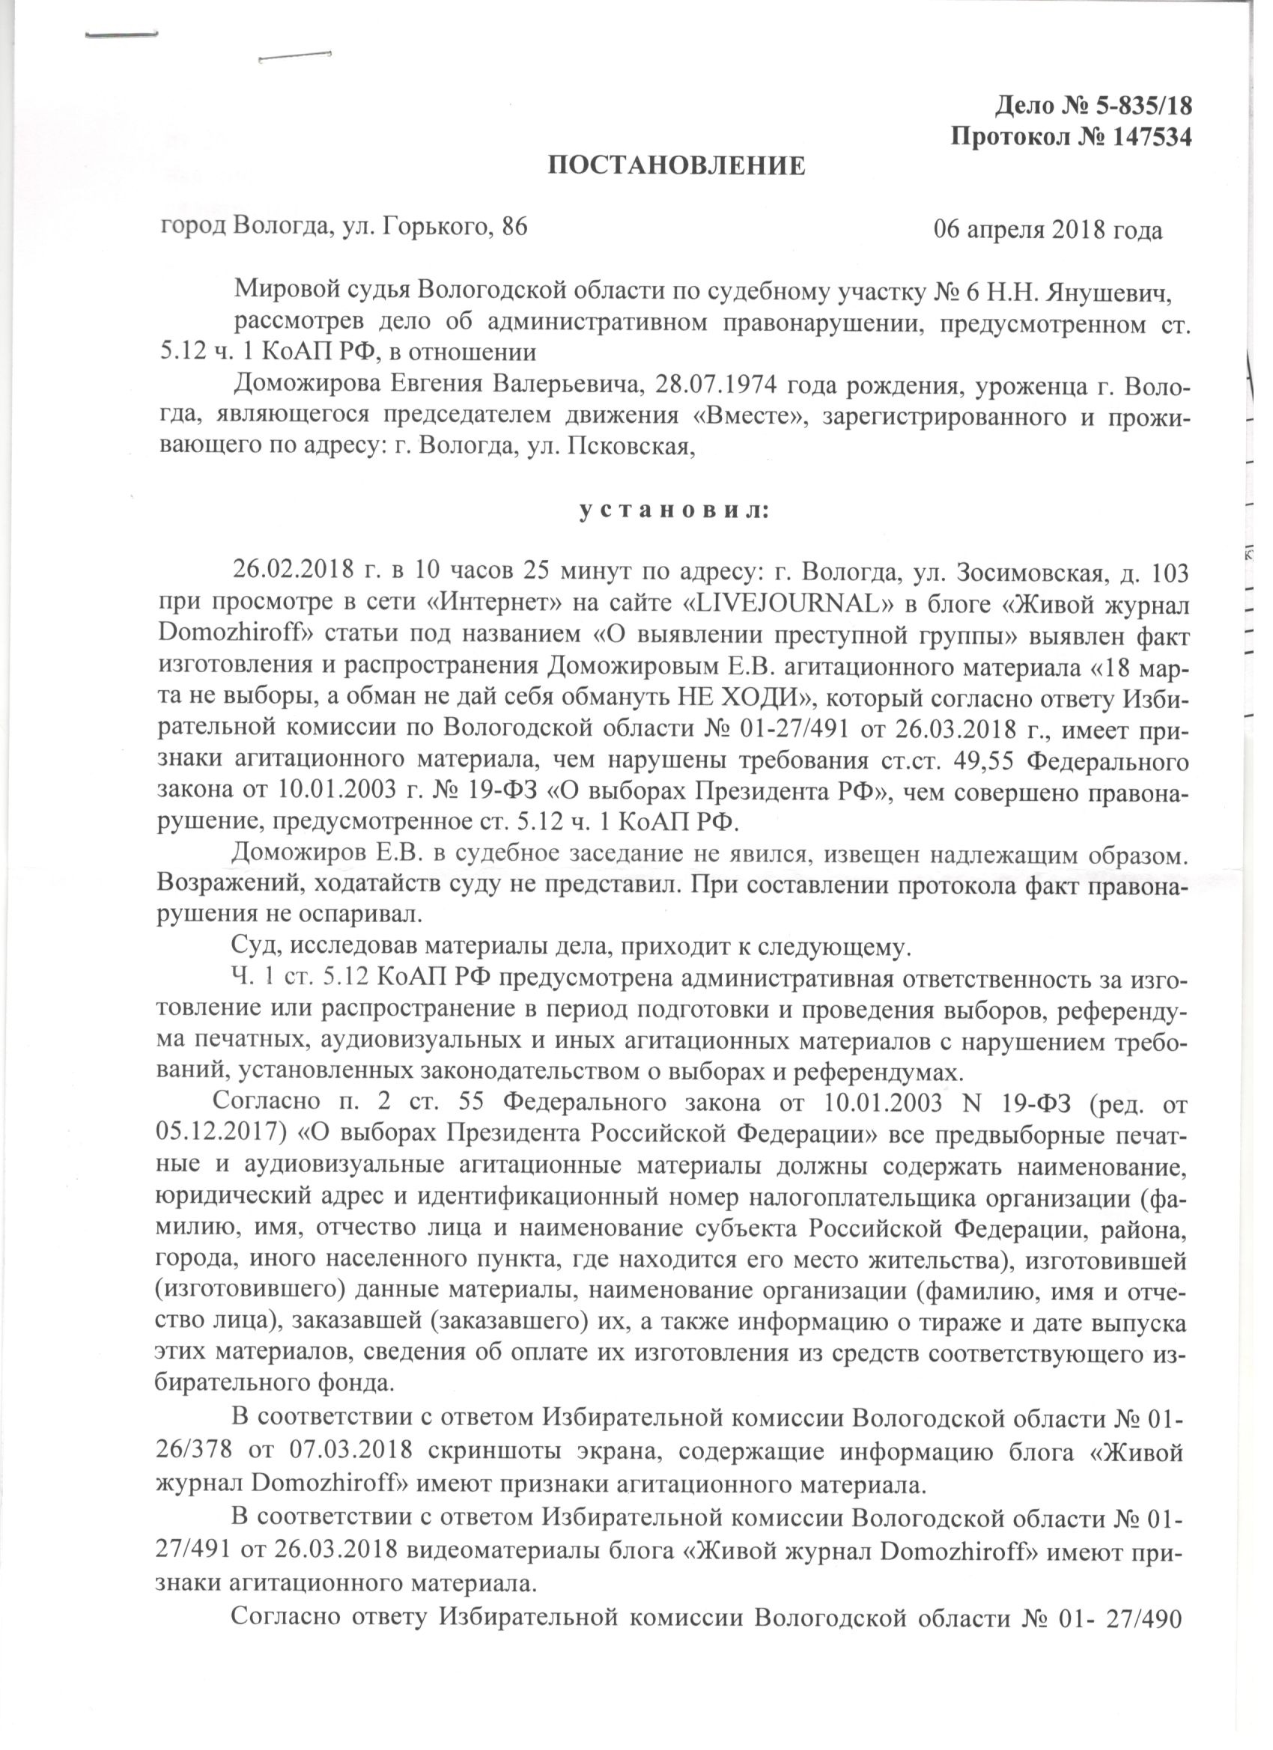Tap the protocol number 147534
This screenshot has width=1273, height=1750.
pyautogui.click(x=1151, y=136)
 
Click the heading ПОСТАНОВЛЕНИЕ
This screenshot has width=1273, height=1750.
pyautogui.click(x=676, y=166)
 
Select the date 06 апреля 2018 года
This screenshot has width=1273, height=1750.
pyautogui.click(x=1048, y=230)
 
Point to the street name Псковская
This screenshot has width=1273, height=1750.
pyautogui.click(x=628, y=446)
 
